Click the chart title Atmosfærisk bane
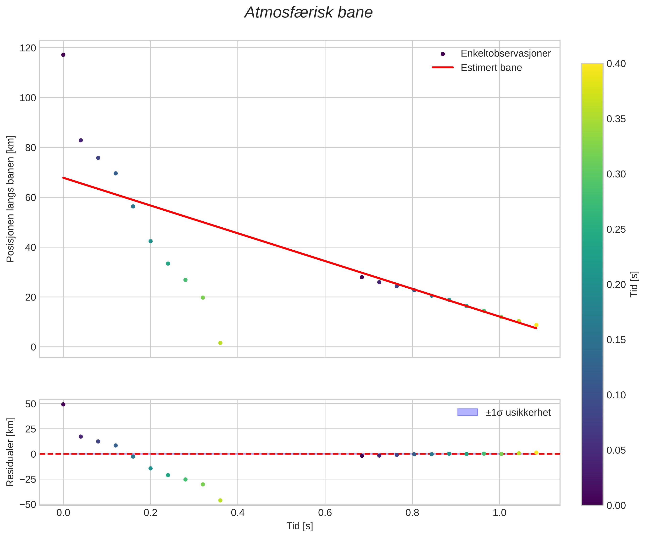[308, 13]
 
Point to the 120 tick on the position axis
[28, 48]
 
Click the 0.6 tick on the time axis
[325, 513]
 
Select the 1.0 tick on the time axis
[499, 513]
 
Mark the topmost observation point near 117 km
[63, 55]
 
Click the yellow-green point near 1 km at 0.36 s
[220, 343]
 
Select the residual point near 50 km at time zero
[63, 404]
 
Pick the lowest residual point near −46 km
[220, 500]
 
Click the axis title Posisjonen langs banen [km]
[11, 199]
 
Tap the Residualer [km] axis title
[11, 452]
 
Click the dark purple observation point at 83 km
[81, 140]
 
